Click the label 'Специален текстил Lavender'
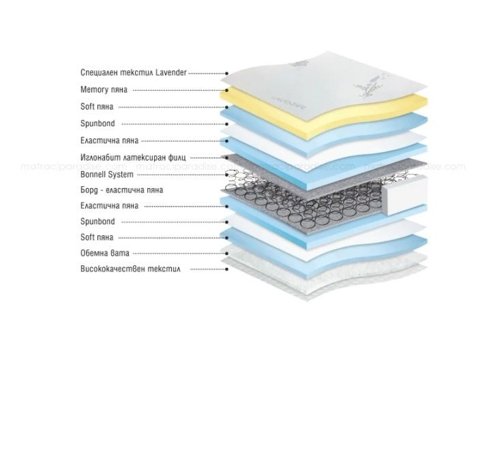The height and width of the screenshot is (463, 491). [134, 73]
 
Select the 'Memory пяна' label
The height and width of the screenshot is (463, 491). [104, 90]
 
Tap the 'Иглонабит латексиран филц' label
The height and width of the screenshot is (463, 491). [133, 157]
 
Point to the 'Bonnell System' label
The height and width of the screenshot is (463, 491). [107, 175]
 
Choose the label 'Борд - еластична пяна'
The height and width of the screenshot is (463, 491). [122, 190]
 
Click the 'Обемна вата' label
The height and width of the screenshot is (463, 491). [105, 253]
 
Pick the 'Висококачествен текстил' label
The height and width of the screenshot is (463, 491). [130, 269]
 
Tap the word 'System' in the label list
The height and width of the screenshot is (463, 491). [121, 175]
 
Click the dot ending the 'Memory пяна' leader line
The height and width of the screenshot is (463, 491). [227, 91]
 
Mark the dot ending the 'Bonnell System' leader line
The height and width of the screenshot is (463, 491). [227, 175]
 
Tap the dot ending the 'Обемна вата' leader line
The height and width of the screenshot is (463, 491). [227, 253]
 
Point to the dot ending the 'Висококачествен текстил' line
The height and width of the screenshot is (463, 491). [227, 269]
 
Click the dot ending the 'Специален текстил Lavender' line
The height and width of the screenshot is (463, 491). [227, 74]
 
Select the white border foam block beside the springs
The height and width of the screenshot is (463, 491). [404, 196]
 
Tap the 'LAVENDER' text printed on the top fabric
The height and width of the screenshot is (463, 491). [288, 102]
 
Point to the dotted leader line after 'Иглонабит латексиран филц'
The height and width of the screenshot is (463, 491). [208, 158]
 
